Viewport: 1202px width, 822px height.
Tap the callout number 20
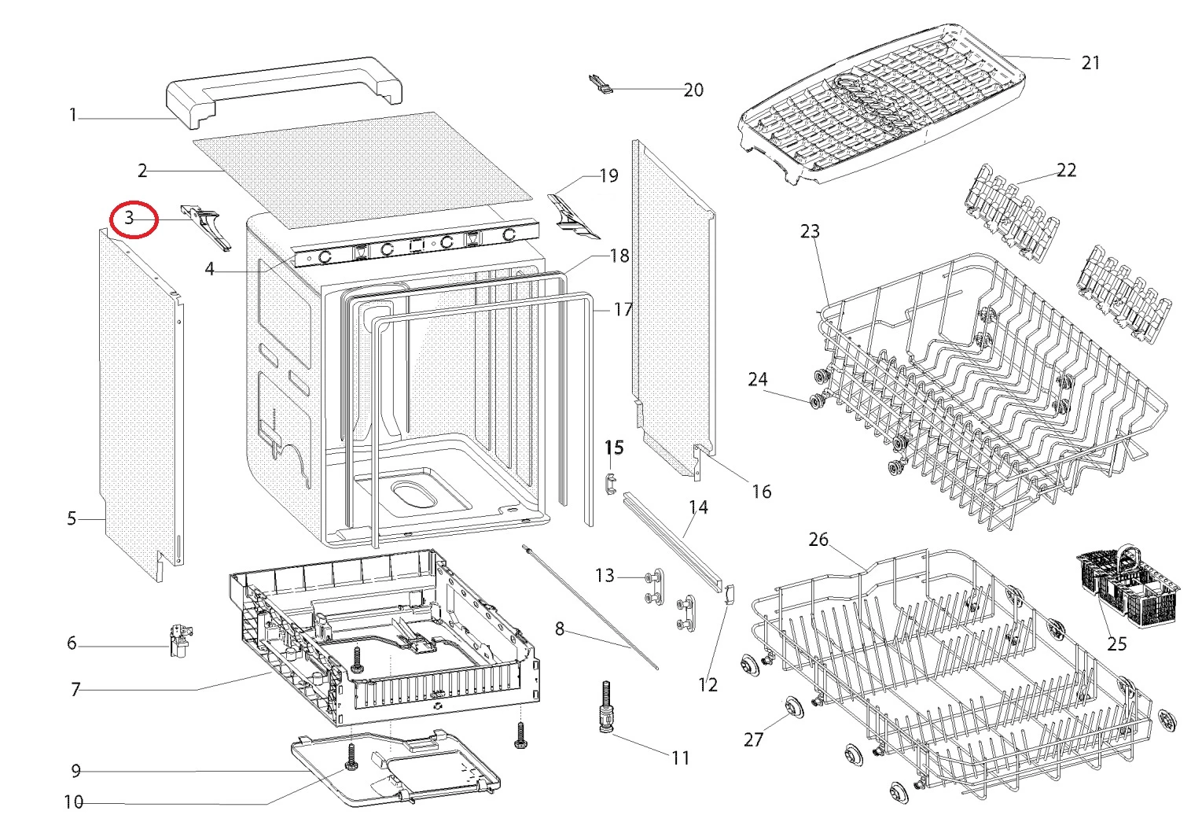[693, 90]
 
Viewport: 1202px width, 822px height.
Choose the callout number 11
[680, 757]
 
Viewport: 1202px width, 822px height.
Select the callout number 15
[613, 448]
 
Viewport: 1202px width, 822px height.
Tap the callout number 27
[753, 739]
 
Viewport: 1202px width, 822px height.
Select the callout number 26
[818, 540]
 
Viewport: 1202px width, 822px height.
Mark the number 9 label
[76, 771]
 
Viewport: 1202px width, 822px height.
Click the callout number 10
[73, 802]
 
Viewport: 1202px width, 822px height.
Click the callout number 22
[1066, 170]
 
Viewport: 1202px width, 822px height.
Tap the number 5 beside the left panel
[72, 518]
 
